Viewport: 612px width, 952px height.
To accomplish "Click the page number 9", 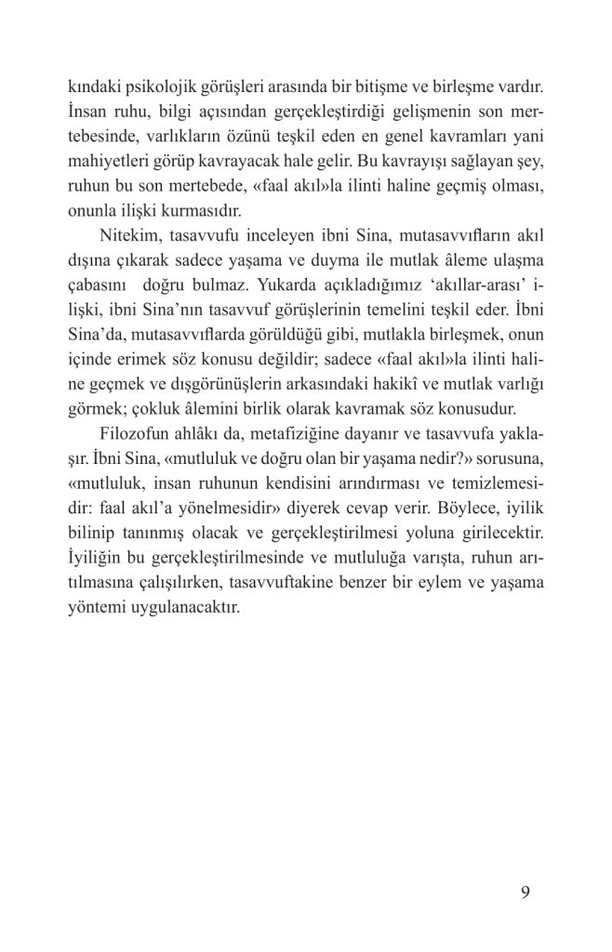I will pyautogui.click(x=526, y=894).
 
